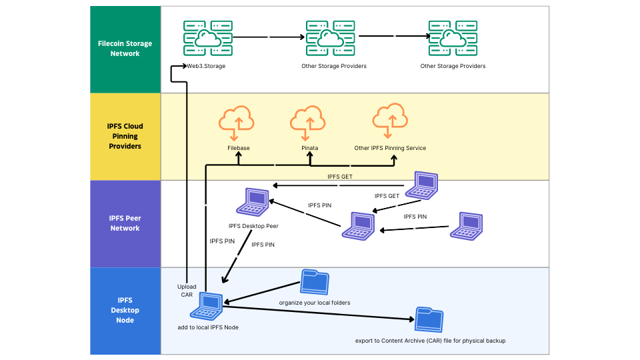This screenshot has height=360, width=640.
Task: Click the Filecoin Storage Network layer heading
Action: coord(125,49)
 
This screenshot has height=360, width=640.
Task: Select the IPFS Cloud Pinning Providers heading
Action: coord(125,136)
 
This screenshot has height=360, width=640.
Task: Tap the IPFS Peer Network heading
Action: coord(125,223)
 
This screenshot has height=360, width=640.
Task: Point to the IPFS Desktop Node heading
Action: coord(125,310)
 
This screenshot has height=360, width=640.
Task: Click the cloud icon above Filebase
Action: coord(237,121)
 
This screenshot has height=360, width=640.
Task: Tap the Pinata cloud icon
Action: coord(308,121)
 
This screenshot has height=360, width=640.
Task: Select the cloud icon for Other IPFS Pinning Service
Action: coord(390,120)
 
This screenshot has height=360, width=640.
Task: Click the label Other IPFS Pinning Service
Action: coord(390,148)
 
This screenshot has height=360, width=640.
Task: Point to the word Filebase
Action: coord(238,148)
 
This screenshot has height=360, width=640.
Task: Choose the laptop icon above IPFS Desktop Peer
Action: coord(254,201)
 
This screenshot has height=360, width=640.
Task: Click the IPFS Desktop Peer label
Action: coord(253,226)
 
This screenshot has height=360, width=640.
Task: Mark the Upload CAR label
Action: coord(187,291)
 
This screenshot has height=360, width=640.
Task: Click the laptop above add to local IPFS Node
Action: coord(207,305)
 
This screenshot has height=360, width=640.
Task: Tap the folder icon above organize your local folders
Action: coord(315,282)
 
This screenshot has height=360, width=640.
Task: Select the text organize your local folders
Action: coord(315,303)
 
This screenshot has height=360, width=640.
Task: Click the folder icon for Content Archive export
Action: coord(429,320)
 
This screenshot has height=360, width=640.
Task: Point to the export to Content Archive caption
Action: coord(430,341)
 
